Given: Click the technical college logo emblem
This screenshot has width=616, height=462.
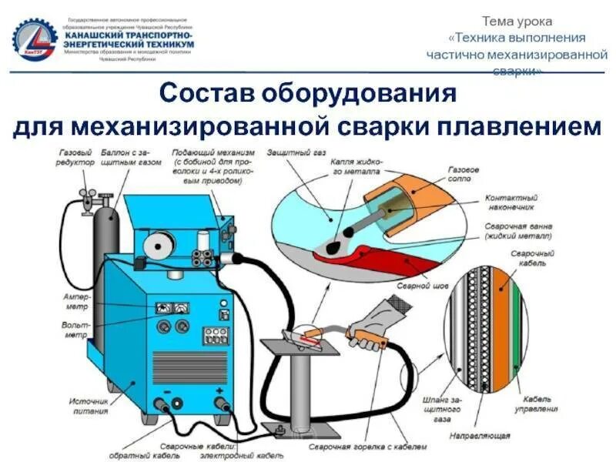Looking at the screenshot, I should [35, 38].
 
